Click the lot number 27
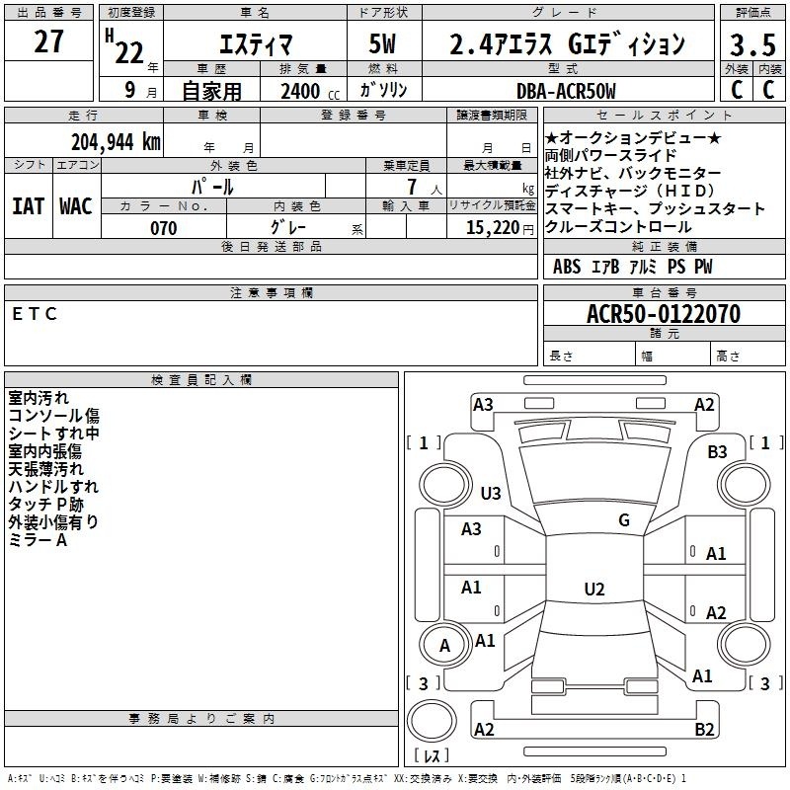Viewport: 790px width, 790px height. click(48, 42)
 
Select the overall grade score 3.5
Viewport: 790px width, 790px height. click(750, 44)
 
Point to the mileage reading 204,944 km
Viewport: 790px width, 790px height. click(116, 141)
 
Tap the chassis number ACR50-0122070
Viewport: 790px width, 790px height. click(664, 314)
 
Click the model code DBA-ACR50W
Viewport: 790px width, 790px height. click(566, 91)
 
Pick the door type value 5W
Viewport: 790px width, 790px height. click(384, 44)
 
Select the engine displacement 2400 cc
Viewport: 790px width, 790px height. click(303, 91)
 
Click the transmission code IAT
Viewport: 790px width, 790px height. click(28, 206)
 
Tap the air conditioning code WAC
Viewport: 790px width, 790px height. click(76, 206)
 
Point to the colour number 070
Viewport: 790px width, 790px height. click(164, 228)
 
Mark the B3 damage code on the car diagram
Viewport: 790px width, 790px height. click(718, 451)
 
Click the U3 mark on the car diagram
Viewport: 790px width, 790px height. click(491, 493)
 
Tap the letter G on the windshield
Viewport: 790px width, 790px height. click(624, 519)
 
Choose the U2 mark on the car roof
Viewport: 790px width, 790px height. click(593, 589)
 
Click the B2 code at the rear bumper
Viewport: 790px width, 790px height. click(704, 730)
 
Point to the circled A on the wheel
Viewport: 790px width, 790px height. click(445, 646)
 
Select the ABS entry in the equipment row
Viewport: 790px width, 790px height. click(567, 267)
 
